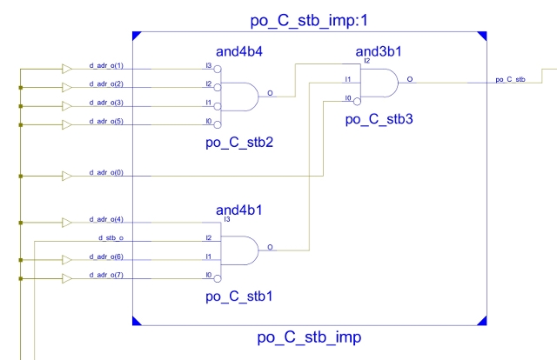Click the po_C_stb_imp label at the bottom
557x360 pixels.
click(x=310, y=337)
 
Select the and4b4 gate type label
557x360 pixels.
click(x=238, y=53)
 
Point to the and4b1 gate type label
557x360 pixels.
click(x=240, y=210)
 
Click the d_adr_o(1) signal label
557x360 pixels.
click(x=107, y=66)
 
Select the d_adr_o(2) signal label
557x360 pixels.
click(x=107, y=84)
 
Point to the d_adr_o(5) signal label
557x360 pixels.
click(x=107, y=121)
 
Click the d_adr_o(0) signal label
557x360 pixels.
click(x=107, y=173)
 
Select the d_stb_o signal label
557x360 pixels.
click(x=109, y=237)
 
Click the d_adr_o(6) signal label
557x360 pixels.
click(x=107, y=256)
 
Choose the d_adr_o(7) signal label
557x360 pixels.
click(x=107, y=275)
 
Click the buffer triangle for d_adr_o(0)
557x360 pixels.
click(x=68, y=176)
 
